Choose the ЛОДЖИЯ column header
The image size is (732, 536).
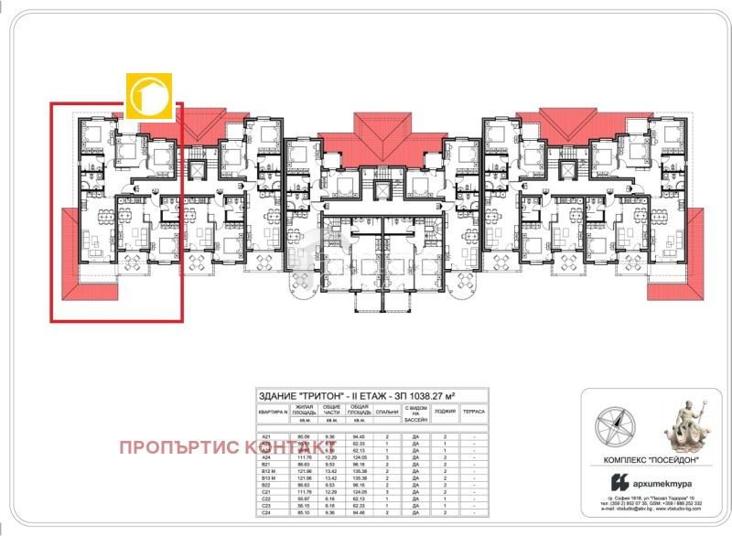(445, 413)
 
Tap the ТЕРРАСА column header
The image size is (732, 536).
(474, 413)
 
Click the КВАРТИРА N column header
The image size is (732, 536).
(274, 413)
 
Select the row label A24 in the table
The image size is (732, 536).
(266, 457)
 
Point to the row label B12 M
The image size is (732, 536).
(269, 471)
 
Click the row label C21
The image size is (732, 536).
(266, 491)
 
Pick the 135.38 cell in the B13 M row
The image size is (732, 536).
(359, 477)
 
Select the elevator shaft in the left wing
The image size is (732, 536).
(195, 171)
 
